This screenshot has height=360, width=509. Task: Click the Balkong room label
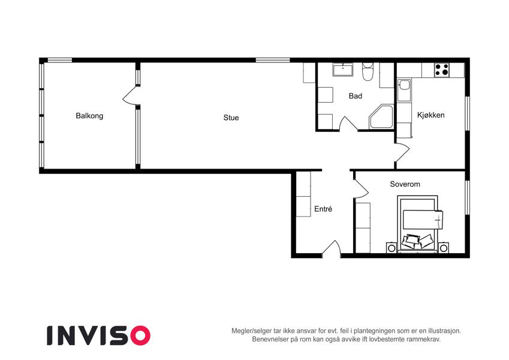(89, 116)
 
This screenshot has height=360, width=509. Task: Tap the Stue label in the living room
(231, 118)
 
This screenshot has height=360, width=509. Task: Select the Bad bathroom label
(355, 96)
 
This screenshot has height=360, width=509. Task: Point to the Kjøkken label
(430, 115)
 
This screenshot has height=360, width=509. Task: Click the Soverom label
(405, 184)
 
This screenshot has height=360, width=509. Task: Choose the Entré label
(323, 209)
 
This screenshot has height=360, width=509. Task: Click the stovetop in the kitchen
(442, 70)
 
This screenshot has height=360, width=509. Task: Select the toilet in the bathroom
(368, 72)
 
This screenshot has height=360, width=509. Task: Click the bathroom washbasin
(342, 70)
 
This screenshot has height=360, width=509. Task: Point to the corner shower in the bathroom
(381, 116)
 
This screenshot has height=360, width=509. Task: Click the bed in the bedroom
(418, 224)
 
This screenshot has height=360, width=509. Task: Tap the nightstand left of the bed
(391, 248)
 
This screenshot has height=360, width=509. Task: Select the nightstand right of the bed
(444, 248)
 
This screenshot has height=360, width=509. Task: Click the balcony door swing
(131, 96)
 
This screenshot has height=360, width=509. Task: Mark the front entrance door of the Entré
(332, 248)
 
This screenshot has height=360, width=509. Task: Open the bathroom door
(348, 124)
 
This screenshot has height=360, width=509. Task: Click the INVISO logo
(98, 335)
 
